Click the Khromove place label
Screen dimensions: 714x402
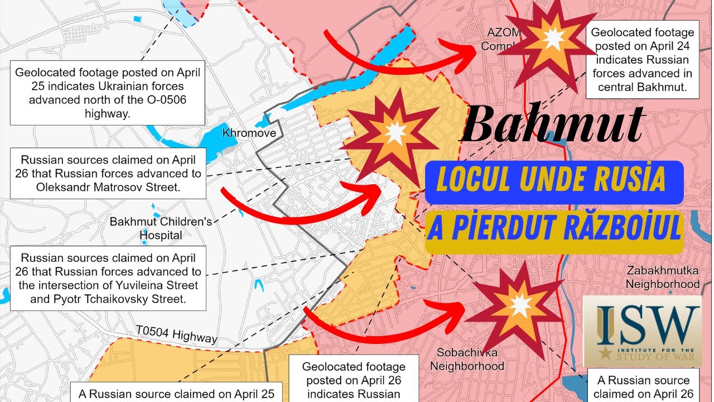click(249, 133)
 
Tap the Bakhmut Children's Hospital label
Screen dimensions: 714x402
click(161, 228)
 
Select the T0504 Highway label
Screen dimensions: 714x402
click(176, 334)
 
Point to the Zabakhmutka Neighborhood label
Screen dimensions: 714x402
click(662, 277)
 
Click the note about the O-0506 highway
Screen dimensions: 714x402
click(108, 93)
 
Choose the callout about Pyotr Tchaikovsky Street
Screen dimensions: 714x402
click(108, 279)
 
